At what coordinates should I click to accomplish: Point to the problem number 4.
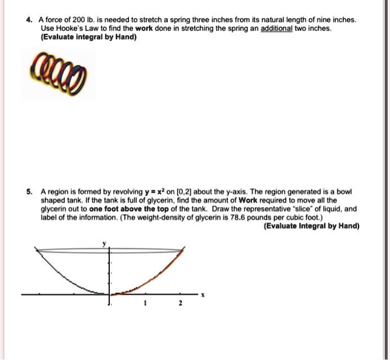click(29, 20)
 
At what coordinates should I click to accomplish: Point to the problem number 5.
click(29, 192)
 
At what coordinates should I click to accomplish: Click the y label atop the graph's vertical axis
click(104, 243)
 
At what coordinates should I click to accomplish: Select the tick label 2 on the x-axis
click(180, 304)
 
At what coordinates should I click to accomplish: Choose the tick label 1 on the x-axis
click(145, 304)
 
